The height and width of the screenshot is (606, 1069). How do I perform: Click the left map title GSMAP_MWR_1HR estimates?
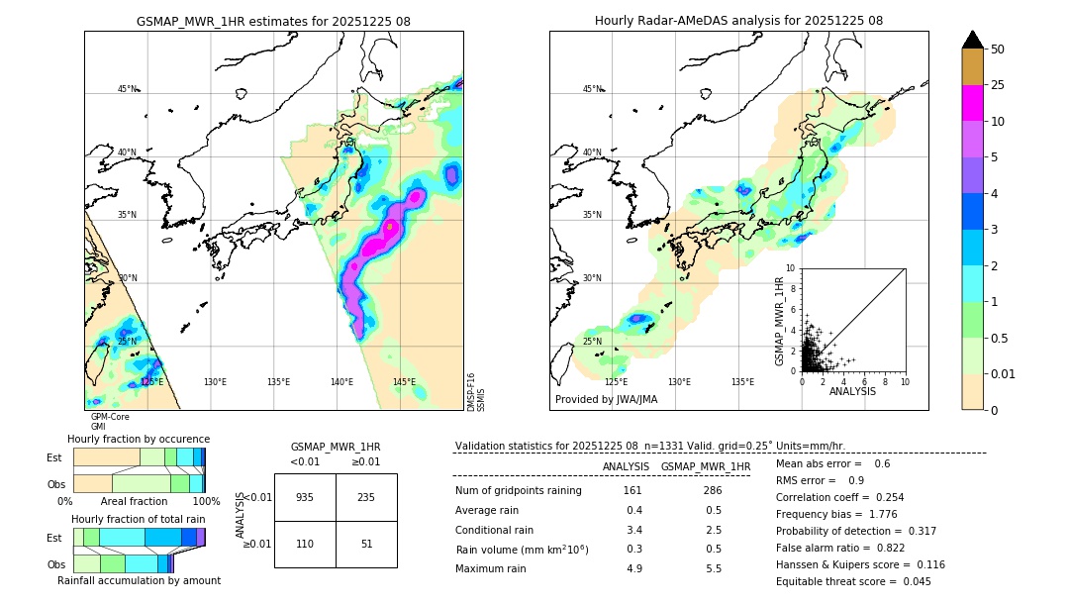click(x=273, y=21)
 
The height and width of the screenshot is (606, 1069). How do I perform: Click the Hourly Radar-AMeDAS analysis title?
click(x=738, y=21)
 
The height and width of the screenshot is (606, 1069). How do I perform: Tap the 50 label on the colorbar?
click(x=998, y=49)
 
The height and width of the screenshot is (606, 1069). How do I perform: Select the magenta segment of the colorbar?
click(x=972, y=103)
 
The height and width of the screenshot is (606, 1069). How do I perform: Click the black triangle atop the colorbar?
click(x=972, y=40)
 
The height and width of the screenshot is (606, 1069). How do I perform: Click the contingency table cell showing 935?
click(x=305, y=497)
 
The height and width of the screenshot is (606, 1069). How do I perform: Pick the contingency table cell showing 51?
click(x=366, y=544)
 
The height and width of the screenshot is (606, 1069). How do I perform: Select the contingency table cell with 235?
click(x=366, y=497)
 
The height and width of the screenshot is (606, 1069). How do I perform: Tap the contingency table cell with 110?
click(x=305, y=544)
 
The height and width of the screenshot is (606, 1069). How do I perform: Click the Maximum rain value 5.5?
click(x=714, y=569)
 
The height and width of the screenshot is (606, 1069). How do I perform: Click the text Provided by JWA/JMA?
click(x=606, y=399)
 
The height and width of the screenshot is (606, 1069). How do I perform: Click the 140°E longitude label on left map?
click(x=341, y=382)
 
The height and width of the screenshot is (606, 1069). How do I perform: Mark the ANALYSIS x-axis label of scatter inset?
click(x=852, y=391)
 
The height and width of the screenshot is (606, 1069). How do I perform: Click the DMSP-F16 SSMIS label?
click(x=475, y=392)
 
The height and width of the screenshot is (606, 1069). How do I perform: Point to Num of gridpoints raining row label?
click(x=518, y=491)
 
